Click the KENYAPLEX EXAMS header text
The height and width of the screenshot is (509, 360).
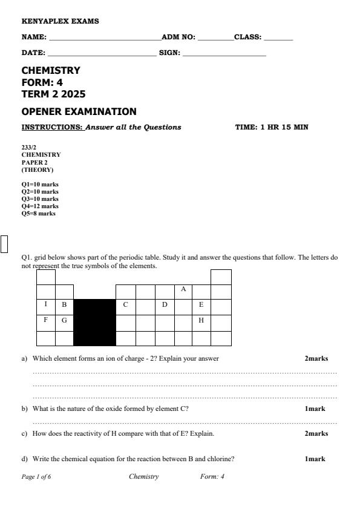(60, 21)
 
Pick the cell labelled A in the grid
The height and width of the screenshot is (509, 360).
(183, 289)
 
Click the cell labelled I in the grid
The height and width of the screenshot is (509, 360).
(46, 304)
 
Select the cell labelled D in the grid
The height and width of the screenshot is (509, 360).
(165, 304)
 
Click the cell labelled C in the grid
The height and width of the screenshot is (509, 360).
(125, 304)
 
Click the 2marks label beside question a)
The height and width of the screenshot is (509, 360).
(316, 358)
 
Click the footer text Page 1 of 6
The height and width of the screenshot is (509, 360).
(36, 477)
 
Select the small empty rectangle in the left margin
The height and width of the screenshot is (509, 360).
(5, 243)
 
